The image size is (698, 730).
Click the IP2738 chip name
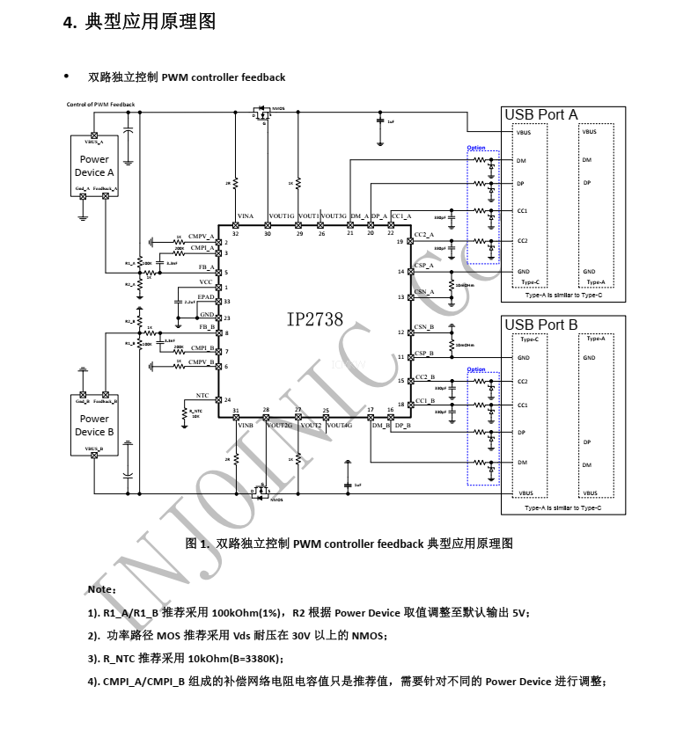click(314, 321)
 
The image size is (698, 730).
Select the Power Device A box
click(94, 167)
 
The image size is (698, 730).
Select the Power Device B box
click(94, 425)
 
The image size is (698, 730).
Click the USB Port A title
click(540, 115)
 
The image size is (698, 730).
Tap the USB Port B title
click(540, 325)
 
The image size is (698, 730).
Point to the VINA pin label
click(246, 216)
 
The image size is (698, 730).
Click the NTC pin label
click(202, 396)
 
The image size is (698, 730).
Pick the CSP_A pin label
click(424, 265)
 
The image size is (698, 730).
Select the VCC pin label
click(205, 282)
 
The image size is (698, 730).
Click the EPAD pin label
click(205, 298)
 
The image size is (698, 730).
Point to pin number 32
click(235, 234)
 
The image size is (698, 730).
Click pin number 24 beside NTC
click(227, 400)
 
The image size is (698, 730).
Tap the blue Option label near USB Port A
click(476, 148)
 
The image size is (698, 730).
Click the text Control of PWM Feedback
click(100, 105)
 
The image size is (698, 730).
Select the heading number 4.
click(70, 23)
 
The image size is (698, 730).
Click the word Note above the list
click(100, 588)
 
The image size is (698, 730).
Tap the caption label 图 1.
click(196, 544)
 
